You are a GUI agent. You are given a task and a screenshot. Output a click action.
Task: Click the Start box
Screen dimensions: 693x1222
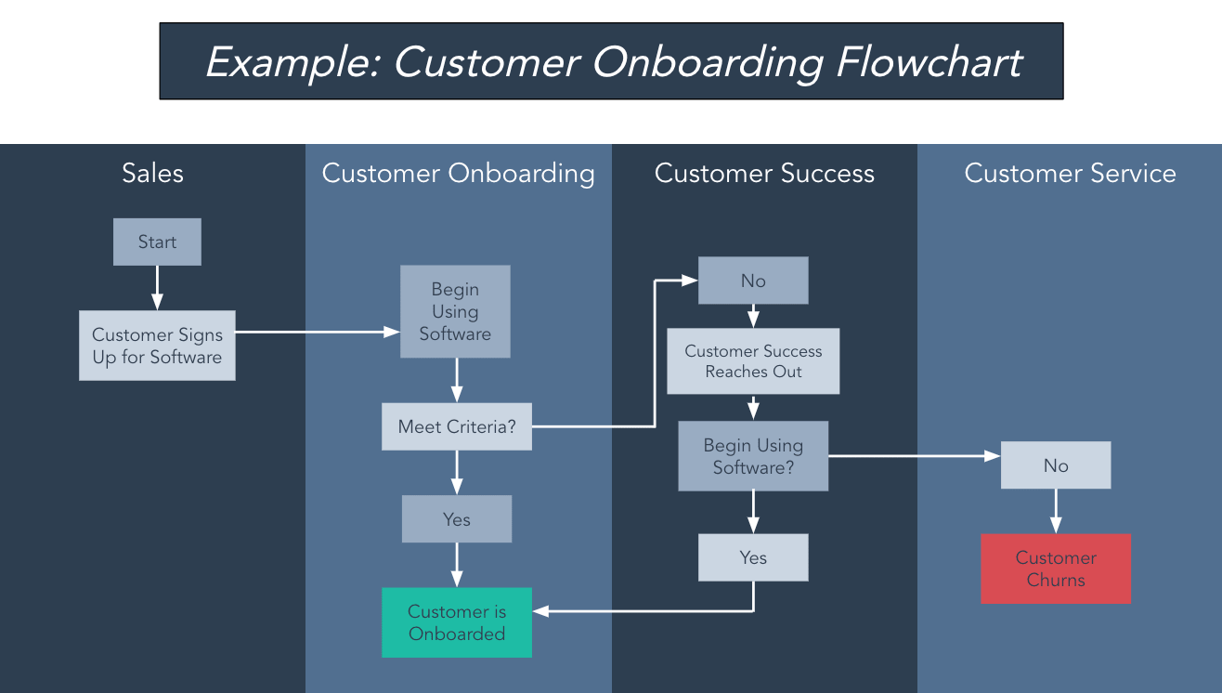pos(157,242)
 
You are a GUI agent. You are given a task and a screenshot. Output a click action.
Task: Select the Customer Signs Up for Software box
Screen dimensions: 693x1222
pos(157,346)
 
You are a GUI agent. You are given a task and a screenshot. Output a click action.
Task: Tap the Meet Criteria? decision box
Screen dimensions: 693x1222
pos(457,426)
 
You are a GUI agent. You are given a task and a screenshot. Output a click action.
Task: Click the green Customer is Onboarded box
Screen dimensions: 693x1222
pos(457,622)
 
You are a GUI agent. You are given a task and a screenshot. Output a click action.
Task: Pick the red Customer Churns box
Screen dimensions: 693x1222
pos(1056,569)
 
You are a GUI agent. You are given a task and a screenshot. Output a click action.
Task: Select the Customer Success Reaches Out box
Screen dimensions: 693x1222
pos(753,361)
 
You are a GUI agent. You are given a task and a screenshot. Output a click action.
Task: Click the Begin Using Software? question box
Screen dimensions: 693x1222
pos(753,456)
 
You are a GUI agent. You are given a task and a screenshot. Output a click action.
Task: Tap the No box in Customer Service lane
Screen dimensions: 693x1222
pos(1056,465)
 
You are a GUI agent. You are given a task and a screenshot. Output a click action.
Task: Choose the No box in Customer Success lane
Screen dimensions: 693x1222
pos(753,281)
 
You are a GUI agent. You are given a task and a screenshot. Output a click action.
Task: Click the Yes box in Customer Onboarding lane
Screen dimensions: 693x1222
pos(457,519)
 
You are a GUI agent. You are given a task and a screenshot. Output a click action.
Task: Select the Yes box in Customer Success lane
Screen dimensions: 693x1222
pos(753,557)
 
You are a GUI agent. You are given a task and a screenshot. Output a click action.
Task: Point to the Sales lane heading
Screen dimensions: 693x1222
pos(153,174)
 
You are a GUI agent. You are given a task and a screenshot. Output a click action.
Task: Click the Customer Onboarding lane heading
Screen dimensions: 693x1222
pos(458,174)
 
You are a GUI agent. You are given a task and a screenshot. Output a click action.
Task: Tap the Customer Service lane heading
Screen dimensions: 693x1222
pos(1070,174)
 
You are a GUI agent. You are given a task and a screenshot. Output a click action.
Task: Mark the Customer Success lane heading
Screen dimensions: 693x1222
pos(764,174)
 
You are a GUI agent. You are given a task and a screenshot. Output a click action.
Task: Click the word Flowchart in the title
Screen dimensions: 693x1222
pos(929,62)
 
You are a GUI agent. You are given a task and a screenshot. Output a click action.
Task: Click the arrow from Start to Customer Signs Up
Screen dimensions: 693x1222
pos(157,287)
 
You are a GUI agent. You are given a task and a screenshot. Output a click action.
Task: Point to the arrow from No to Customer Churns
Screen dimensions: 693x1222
pos(1056,511)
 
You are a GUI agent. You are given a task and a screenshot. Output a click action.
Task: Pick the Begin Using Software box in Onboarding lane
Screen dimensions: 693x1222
pos(455,311)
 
